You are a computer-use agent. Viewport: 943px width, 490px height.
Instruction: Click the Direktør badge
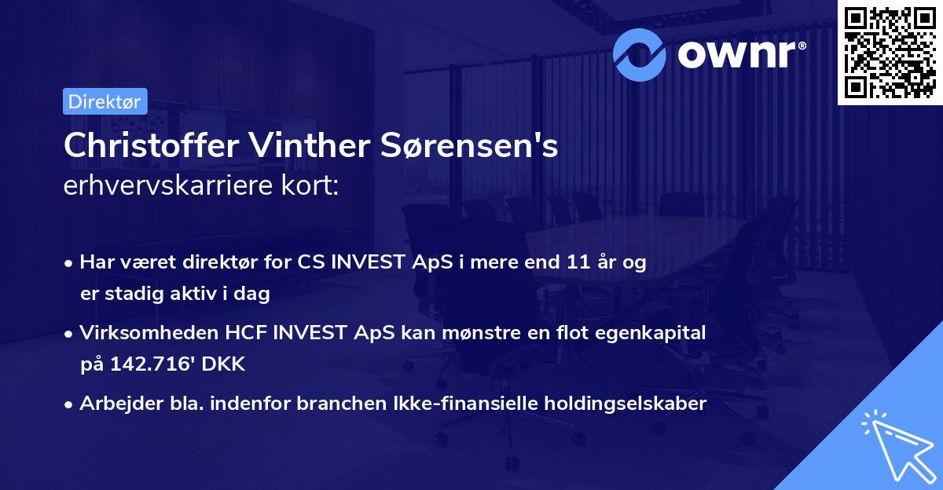coord(105,101)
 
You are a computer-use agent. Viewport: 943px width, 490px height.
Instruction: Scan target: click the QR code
coord(890,53)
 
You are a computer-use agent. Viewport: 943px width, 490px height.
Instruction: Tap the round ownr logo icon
coord(640,53)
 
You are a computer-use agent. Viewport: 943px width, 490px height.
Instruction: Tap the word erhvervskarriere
coord(167,186)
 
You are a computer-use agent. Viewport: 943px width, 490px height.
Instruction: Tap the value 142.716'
coord(148,364)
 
